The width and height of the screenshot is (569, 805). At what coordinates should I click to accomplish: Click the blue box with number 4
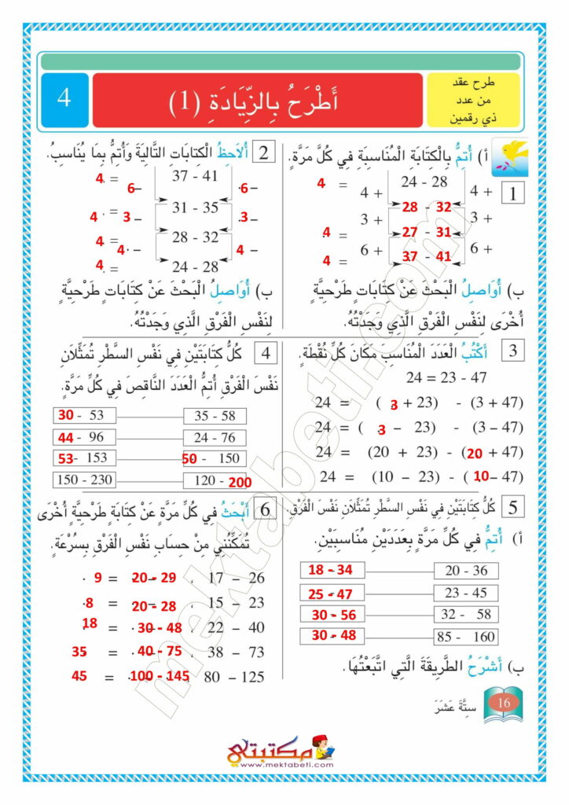(x=64, y=101)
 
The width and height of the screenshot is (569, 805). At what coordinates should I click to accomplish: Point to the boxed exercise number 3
(x=512, y=351)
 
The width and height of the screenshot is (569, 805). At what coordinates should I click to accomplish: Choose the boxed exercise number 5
(x=512, y=508)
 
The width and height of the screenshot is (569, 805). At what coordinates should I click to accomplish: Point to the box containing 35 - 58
(x=214, y=416)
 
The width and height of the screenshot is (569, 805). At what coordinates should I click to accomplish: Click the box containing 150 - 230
(x=84, y=479)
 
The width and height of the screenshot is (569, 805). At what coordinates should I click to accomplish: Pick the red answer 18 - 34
(x=331, y=570)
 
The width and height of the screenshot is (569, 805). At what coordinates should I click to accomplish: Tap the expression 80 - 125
(x=234, y=677)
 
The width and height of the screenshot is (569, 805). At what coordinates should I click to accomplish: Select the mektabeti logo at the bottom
(x=281, y=752)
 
